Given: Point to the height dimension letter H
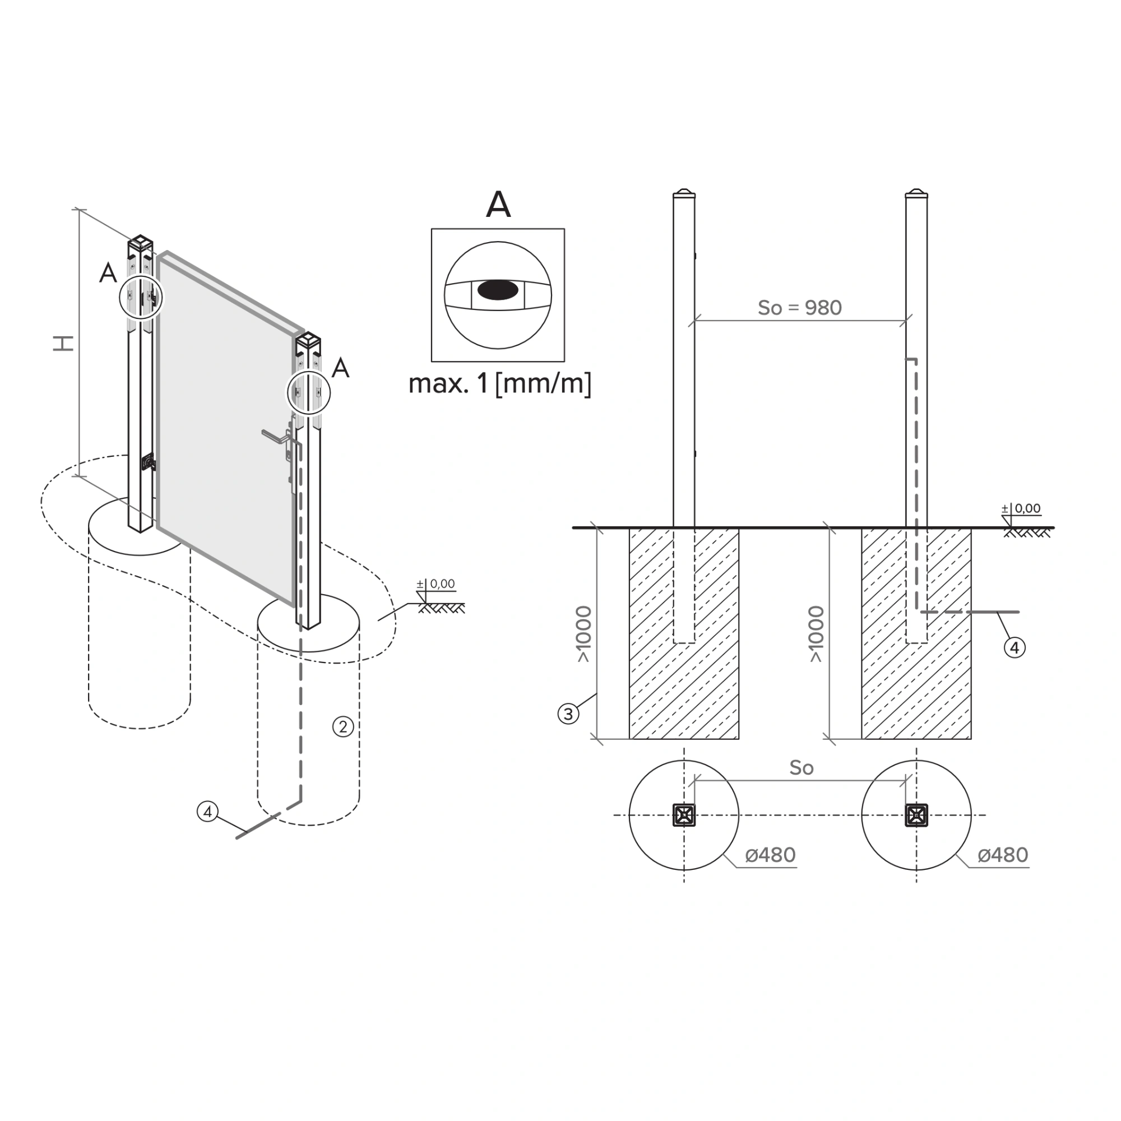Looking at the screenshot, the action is (64, 344).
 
